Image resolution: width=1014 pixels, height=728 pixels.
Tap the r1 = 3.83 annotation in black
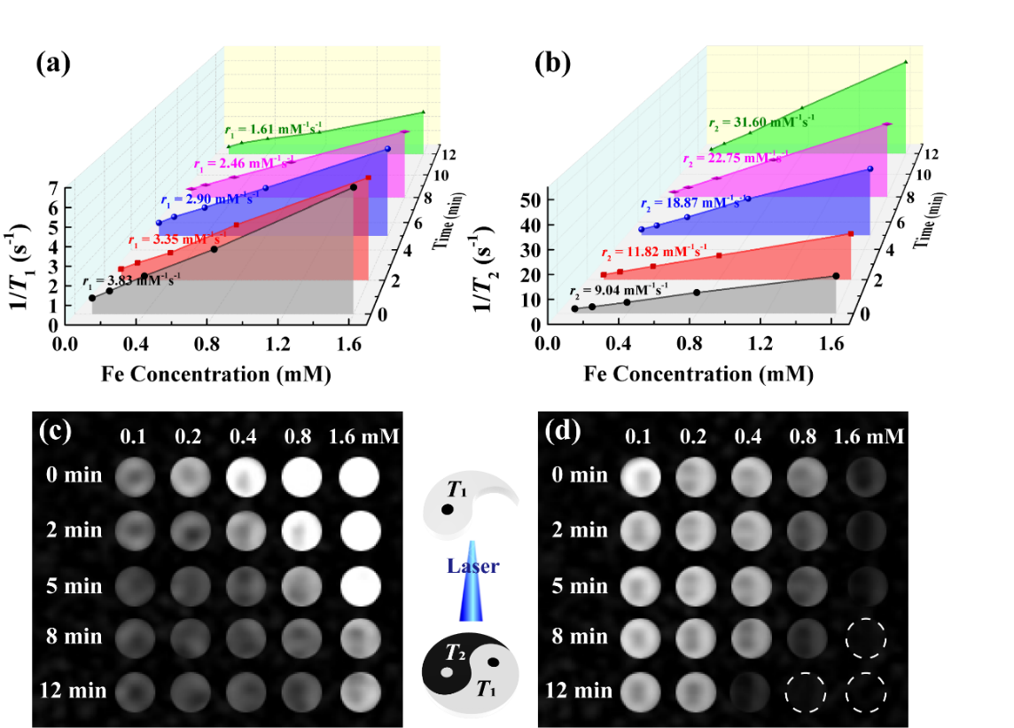click(x=133, y=282)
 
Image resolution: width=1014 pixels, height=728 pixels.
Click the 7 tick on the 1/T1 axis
click(x=53, y=188)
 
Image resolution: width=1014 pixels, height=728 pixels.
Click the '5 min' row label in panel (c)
click(x=74, y=585)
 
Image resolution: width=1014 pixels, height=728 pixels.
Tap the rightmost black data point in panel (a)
click(x=354, y=187)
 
